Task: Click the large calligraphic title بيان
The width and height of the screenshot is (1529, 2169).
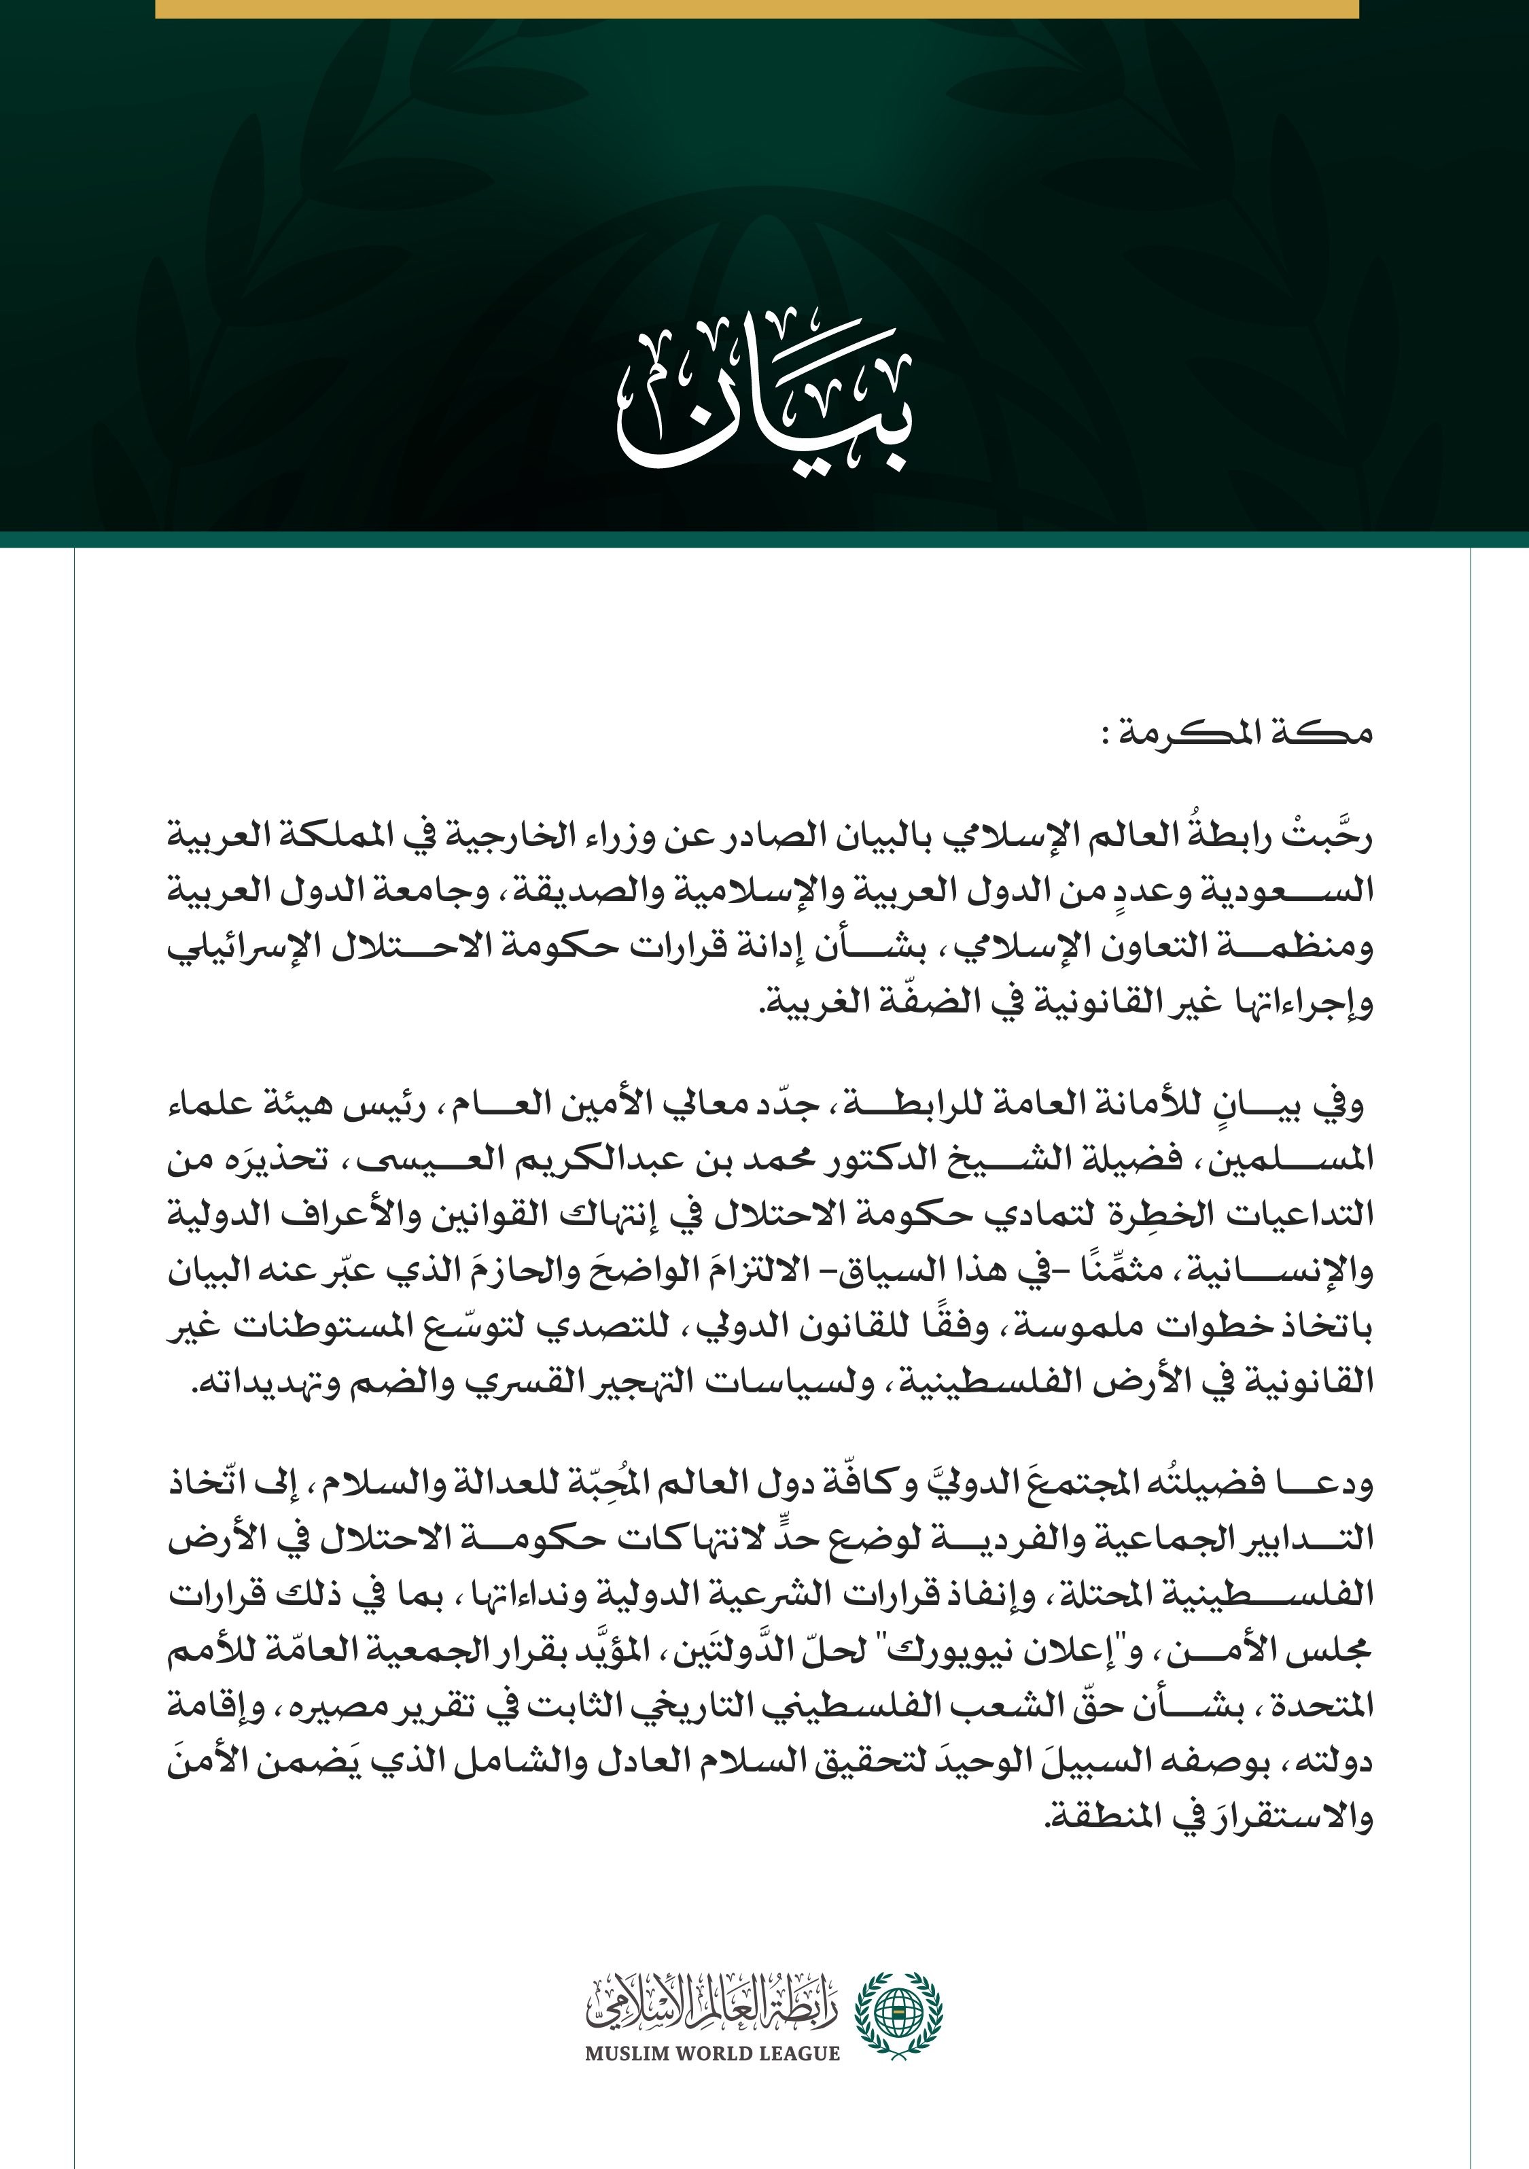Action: (765, 402)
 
